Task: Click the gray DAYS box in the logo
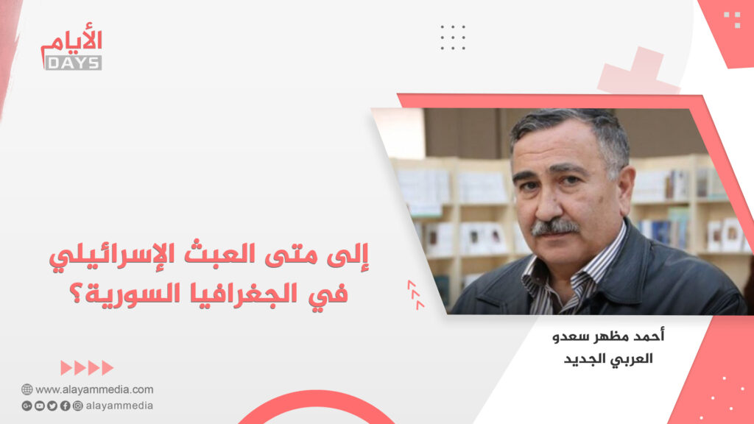tap(73, 63)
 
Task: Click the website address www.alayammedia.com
tap(94, 389)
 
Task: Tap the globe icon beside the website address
tap(27, 389)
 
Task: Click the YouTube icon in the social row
tap(40, 406)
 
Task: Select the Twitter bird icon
tap(52, 406)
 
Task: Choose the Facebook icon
tap(65, 406)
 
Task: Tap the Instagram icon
tap(77, 406)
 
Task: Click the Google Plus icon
tap(27, 406)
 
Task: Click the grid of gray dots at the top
tap(453, 37)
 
